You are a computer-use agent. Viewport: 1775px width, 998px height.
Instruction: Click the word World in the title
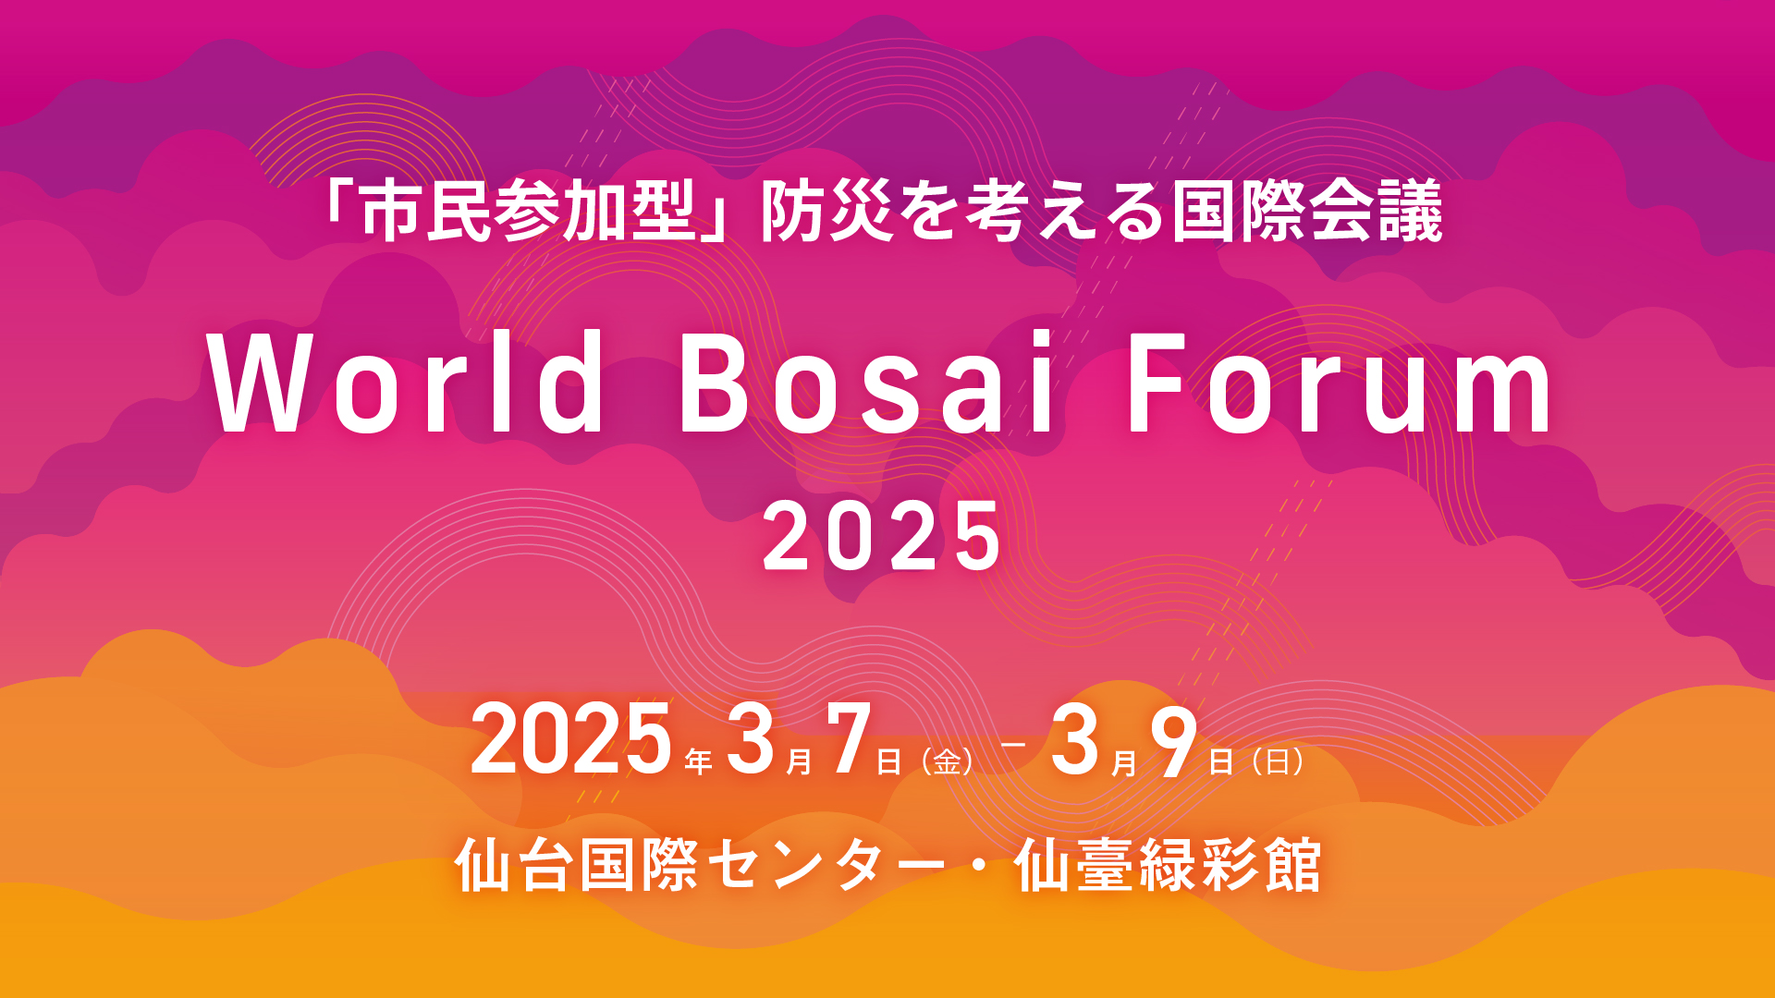click(408, 382)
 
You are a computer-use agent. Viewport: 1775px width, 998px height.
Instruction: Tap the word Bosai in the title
click(867, 382)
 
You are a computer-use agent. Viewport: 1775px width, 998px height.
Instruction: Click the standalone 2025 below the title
click(882, 536)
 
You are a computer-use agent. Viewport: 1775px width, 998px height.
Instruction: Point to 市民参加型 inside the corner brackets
click(527, 212)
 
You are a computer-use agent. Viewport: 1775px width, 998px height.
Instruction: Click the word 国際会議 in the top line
click(1307, 212)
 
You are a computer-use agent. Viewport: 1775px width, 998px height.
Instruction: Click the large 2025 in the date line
click(571, 739)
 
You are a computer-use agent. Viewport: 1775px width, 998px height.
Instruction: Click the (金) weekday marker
click(948, 762)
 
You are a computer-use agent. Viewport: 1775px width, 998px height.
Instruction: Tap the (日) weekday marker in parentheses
click(1279, 762)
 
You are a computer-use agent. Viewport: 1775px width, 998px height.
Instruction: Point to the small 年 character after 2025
click(699, 762)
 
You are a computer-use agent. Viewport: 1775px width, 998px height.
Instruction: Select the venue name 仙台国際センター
click(700, 866)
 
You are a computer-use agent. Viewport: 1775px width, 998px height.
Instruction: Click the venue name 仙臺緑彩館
click(1168, 866)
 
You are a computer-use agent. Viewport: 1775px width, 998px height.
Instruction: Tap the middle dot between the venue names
click(980, 867)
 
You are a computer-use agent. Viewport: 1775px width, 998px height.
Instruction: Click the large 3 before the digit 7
click(751, 739)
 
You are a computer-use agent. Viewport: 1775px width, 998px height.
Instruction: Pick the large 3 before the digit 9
click(1075, 739)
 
